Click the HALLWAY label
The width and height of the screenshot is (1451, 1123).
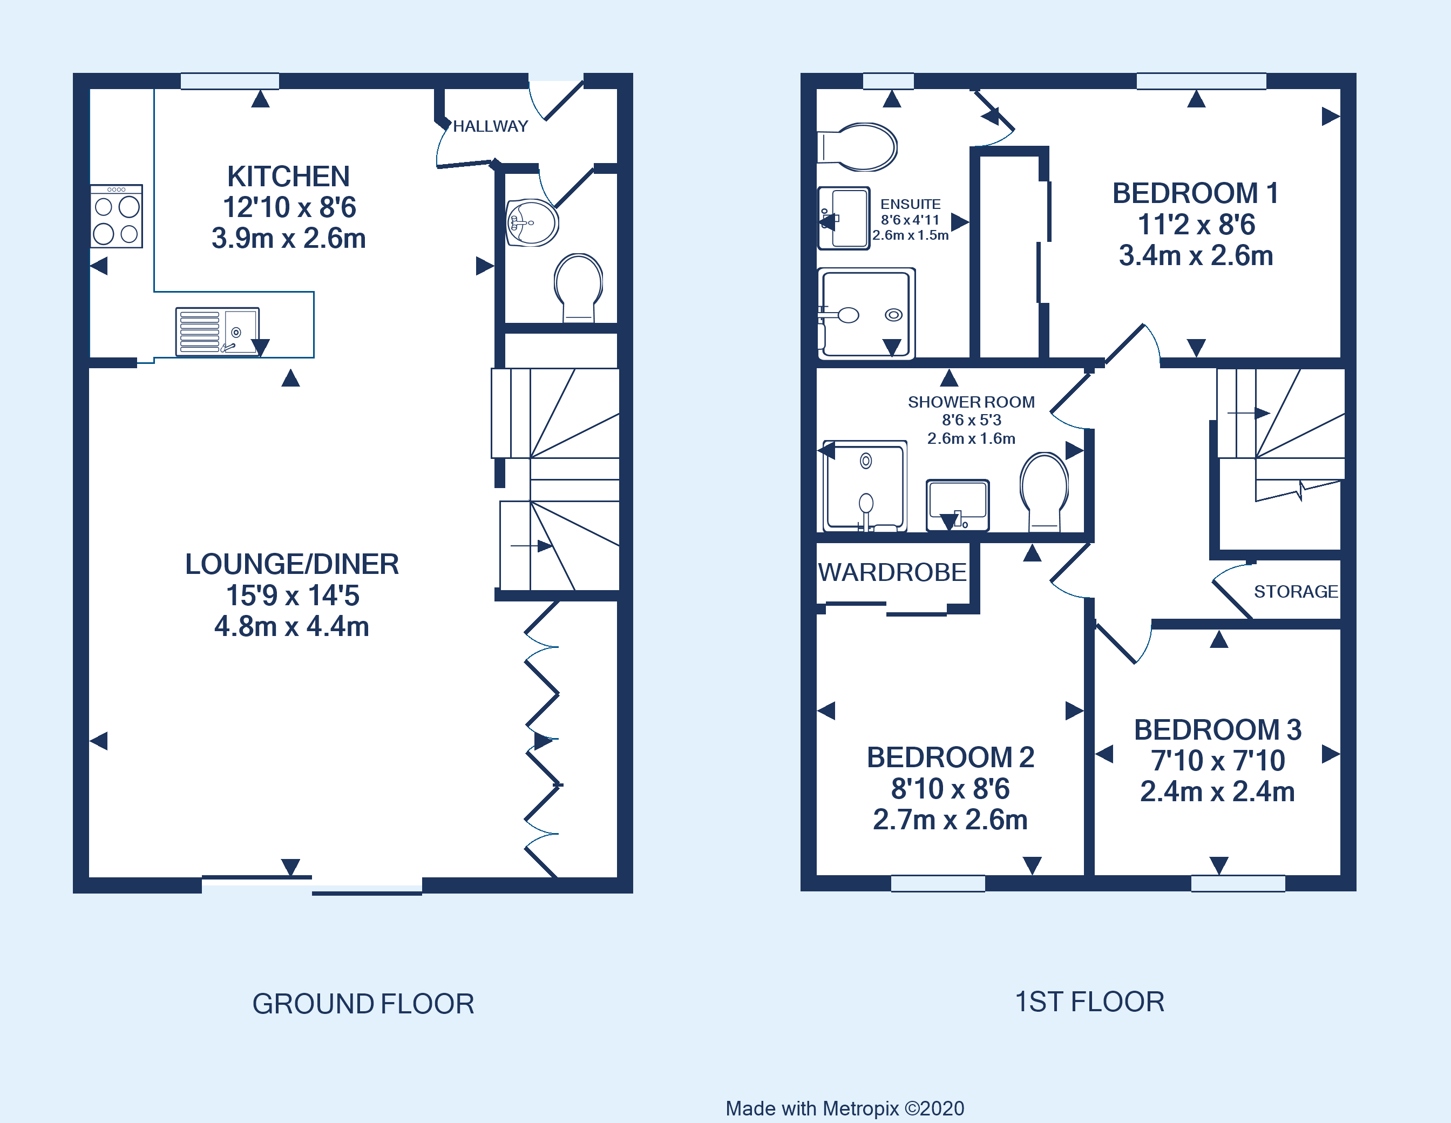(490, 126)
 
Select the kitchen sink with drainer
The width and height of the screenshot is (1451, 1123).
(217, 332)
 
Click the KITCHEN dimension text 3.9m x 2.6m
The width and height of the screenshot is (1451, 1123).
(288, 239)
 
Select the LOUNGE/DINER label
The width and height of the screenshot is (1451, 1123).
(291, 564)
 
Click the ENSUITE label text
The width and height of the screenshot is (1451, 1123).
(910, 205)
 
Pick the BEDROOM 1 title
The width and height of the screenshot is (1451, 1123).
(1195, 193)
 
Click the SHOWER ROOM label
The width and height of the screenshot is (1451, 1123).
(971, 402)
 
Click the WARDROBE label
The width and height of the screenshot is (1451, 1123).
(892, 572)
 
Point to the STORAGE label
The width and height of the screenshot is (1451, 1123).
(1295, 591)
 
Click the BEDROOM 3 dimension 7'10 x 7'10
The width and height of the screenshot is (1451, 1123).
(1217, 760)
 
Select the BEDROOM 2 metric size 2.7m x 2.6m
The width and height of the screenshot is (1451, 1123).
(950, 820)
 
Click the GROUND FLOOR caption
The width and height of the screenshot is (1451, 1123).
(363, 1003)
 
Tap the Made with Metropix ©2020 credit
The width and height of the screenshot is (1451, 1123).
(844, 1108)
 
